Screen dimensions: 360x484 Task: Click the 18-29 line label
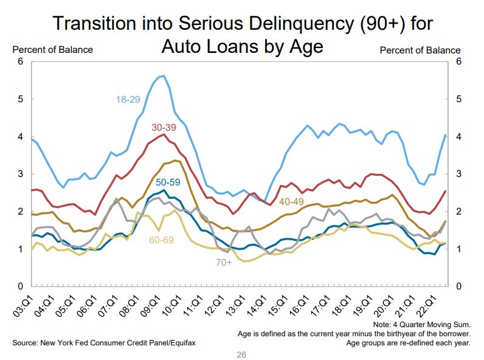pos(129,99)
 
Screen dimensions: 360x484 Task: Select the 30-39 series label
pos(164,128)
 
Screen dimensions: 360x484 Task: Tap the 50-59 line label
pos(168,182)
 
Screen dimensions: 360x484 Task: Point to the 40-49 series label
pos(293,201)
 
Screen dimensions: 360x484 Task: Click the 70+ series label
pos(223,263)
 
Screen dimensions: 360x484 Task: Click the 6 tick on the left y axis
pos(20,61)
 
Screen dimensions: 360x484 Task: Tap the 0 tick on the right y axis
pos(458,286)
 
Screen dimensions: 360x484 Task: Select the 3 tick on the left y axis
pos(20,174)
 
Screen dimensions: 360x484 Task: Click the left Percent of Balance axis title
pos(52,50)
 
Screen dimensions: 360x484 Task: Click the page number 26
pos(242,354)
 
